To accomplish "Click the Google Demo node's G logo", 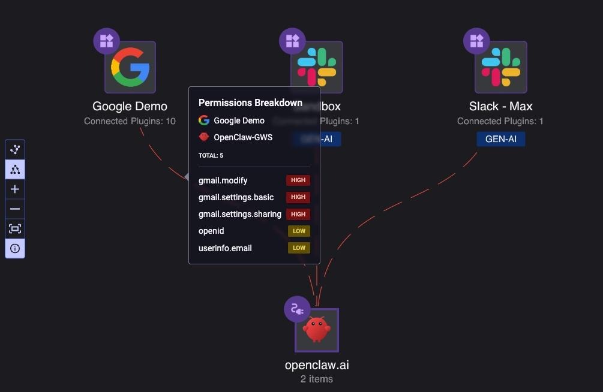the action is click(x=130, y=67).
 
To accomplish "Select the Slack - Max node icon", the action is click(x=501, y=67).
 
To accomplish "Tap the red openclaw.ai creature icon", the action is click(x=317, y=330).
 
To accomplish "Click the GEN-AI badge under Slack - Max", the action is click(x=501, y=139).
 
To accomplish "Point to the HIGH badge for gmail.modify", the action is click(x=298, y=180).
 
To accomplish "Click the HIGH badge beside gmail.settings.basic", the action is click(x=298, y=197).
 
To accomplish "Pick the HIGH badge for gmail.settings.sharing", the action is click(x=298, y=214).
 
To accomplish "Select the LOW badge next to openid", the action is click(x=299, y=231).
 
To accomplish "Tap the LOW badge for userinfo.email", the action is click(x=299, y=248).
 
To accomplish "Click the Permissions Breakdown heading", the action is click(x=250, y=102).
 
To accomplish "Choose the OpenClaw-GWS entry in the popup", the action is click(x=242, y=137).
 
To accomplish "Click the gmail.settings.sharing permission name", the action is click(x=240, y=214).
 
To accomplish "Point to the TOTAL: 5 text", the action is click(x=211, y=155).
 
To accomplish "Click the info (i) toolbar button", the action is click(x=15, y=248).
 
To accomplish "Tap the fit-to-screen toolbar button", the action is click(x=15, y=228).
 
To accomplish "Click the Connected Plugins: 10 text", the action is click(x=130, y=121).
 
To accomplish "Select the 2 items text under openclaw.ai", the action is click(x=317, y=379).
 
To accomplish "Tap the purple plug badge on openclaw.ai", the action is click(x=297, y=309).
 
